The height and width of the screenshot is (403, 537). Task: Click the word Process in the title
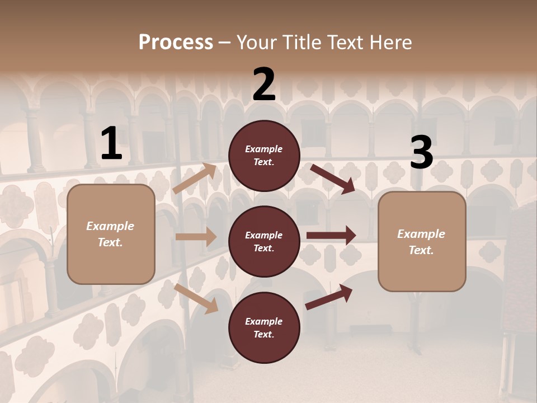click(x=176, y=43)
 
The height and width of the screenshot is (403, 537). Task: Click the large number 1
click(x=111, y=144)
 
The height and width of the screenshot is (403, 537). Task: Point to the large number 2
click(x=264, y=85)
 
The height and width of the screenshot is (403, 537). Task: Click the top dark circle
click(x=264, y=156)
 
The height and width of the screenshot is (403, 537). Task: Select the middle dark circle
click(x=264, y=242)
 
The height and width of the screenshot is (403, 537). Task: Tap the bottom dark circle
click(x=264, y=328)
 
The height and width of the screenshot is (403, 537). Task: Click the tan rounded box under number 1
click(x=111, y=234)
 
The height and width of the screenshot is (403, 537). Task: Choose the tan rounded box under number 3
click(x=422, y=242)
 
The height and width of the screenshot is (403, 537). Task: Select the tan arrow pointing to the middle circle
click(x=196, y=237)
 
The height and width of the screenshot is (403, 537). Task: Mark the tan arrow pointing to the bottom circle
click(x=196, y=298)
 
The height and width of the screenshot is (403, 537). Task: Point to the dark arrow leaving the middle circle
click(x=331, y=236)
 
